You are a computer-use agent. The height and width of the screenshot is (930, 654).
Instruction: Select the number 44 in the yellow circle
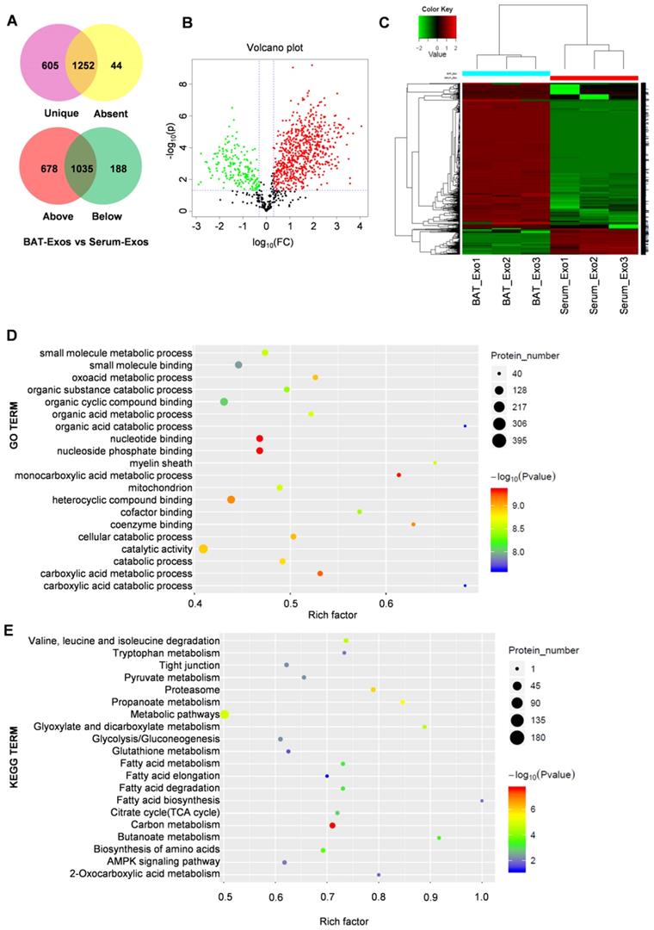click(x=137, y=76)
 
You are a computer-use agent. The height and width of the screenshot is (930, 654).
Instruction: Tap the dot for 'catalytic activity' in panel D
click(x=203, y=549)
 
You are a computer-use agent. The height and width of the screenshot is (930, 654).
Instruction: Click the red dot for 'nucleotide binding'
click(x=260, y=438)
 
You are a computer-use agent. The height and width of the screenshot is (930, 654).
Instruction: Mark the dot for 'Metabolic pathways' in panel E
click(x=225, y=715)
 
